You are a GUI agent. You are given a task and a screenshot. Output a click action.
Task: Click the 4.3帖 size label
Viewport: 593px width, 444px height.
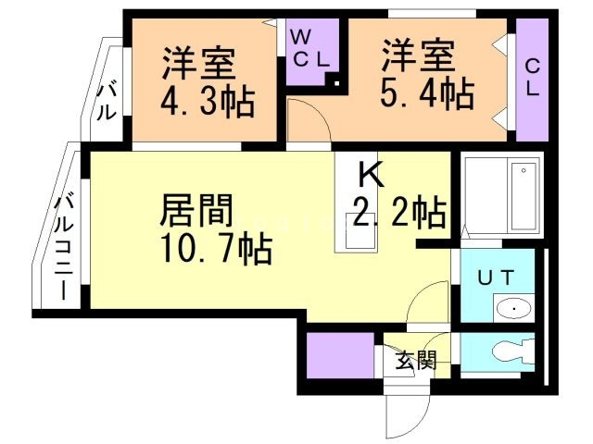click(x=208, y=103)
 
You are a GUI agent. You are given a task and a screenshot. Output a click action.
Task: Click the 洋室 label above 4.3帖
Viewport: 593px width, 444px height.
click(x=200, y=64)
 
